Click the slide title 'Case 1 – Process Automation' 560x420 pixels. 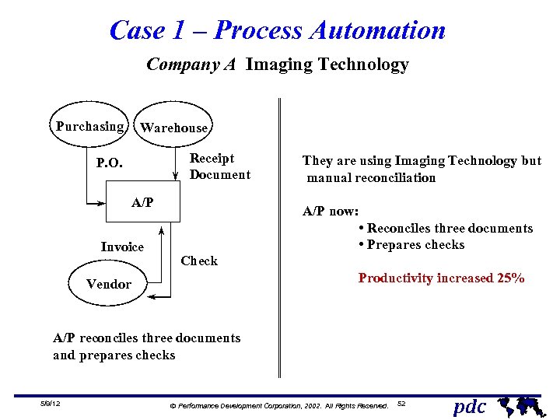click(278, 30)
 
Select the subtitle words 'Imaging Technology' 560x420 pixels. click(327, 65)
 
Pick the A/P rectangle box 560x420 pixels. click(142, 203)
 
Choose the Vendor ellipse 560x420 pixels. click(109, 284)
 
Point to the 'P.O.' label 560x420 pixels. click(109, 163)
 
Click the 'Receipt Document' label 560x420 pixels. click(219, 166)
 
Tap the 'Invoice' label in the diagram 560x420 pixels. click(122, 247)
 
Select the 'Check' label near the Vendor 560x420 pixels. click(199, 261)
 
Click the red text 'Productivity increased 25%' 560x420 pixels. click(441, 278)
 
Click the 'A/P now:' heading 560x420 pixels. click(330, 211)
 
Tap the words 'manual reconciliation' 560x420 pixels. click(372, 177)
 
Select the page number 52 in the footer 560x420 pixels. click(401, 404)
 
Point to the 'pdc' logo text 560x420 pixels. click(470, 406)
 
